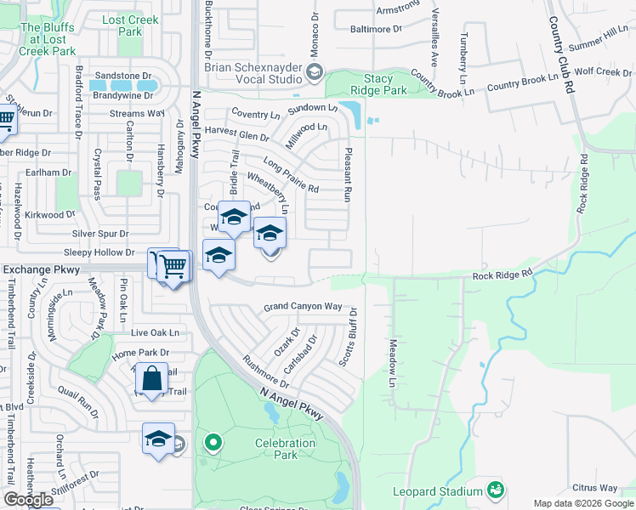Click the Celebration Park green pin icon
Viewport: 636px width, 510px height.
(213, 442)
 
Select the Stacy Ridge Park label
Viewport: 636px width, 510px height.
(378, 82)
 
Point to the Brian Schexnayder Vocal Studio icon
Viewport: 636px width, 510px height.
(314, 71)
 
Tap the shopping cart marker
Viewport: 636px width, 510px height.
(173, 266)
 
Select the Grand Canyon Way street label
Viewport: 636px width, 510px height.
(303, 306)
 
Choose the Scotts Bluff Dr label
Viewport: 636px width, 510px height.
(348, 338)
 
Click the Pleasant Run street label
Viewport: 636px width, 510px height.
(347, 173)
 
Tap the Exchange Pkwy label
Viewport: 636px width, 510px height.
(43, 269)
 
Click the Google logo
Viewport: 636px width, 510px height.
(28, 500)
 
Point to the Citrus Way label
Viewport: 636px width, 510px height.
(594, 488)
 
